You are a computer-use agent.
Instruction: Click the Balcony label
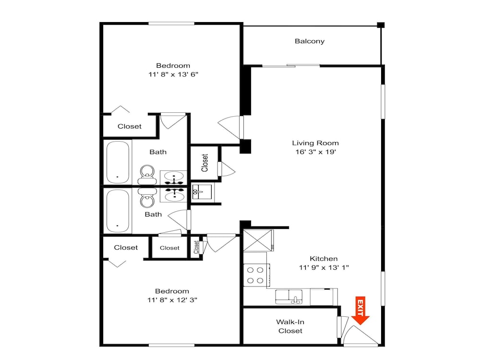pyautogui.click(x=310, y=41)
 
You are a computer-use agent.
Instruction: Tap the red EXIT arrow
pyautogui.click(x=360, y=311)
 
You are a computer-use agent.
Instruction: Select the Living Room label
pyautogui.click(x=315, y=143)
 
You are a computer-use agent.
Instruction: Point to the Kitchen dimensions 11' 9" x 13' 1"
pyautogui.click(x=324, y=267)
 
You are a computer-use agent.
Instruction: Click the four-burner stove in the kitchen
pyautogui.click(x=256, y=275)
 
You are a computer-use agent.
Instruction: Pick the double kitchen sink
pyautogui.click(x=288, y=297)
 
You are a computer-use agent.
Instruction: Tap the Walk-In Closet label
pyautogui.click(x=290, y=326)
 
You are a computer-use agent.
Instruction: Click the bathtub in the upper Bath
pyautogui.click(x=118, y=162)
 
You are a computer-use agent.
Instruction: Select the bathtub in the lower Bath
pyautogui.click(x=118, y=211)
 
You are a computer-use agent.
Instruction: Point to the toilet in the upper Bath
pyautogui.click(x=147, y=175)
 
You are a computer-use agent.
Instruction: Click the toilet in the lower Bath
pyautogui.click(x=147, y=197)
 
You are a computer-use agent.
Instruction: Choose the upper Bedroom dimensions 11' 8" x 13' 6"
pyautogui.click(x=174, y=74)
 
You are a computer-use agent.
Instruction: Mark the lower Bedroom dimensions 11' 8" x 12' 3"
pyautogui.click(x=172, y=300)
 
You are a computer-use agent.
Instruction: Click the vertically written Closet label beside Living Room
pyautogui.click(x=204, y=163)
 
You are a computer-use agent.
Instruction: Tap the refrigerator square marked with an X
pyautogui.click(x=257, y=240)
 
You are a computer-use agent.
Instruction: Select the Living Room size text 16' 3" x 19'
pyautogui.click(x=316, y=152)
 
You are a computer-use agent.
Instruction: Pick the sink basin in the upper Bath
pyautogui.click(x=174, y=177)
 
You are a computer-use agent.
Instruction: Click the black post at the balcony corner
pyautogui.click(x=381, y=25)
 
